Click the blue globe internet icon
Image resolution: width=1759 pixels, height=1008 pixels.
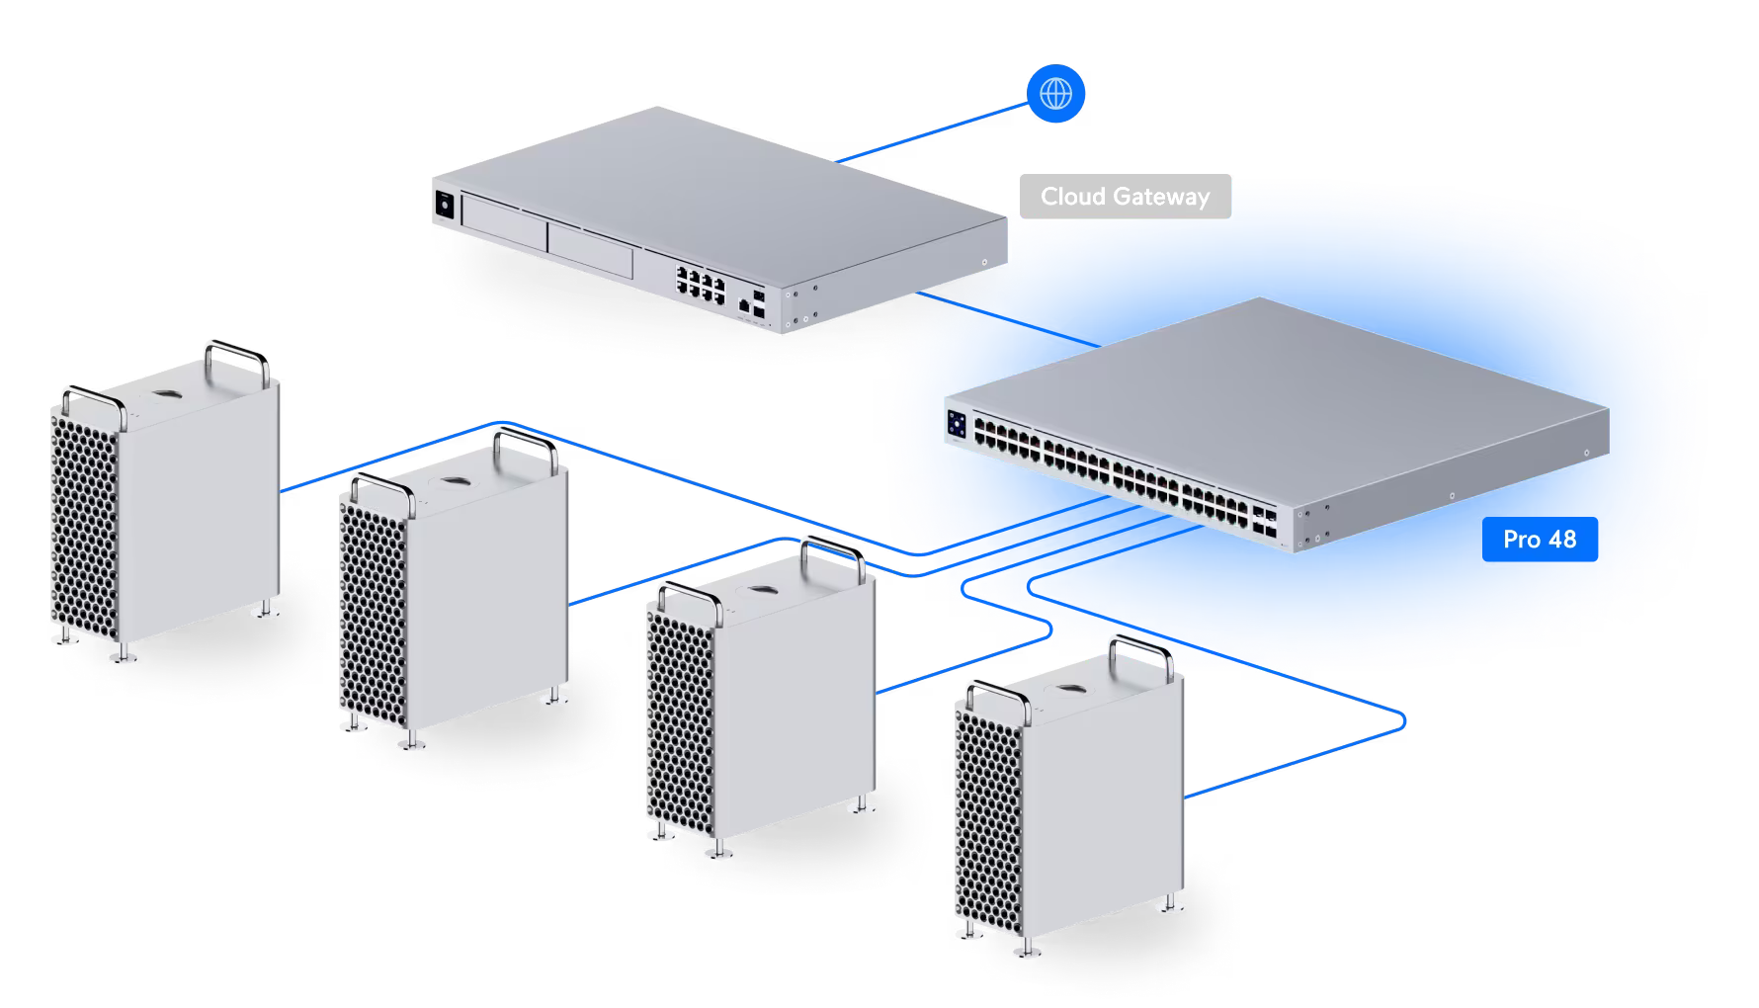pos(1056,95)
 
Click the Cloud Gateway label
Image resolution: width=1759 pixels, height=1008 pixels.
pos(1125,197)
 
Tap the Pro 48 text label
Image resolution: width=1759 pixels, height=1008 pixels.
pos(1539,540)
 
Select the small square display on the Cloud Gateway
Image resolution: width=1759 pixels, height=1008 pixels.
pos(444,205)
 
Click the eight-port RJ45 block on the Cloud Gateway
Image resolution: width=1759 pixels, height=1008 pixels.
pos(701,281)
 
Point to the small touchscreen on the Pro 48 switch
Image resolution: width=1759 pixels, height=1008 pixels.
pos(957,425)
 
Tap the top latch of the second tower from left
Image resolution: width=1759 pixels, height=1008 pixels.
pos(455,481)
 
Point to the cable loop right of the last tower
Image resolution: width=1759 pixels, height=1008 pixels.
pos(1398,722)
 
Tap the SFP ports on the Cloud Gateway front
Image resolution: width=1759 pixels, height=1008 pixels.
pos(758,303)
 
